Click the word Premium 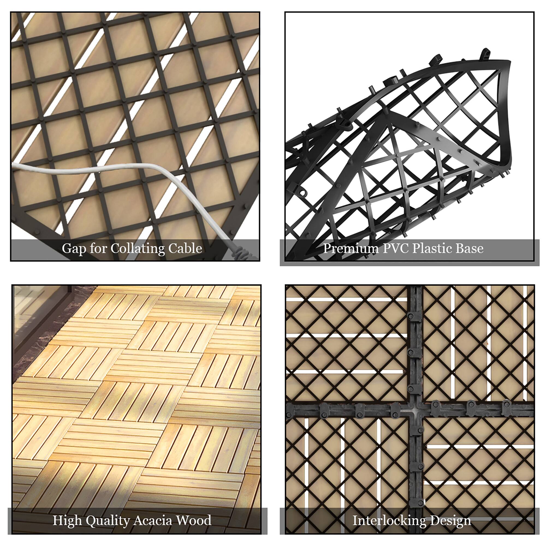(347, 248)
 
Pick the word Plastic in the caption (432, 248)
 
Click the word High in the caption (67, 521)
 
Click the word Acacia (153, 521)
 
